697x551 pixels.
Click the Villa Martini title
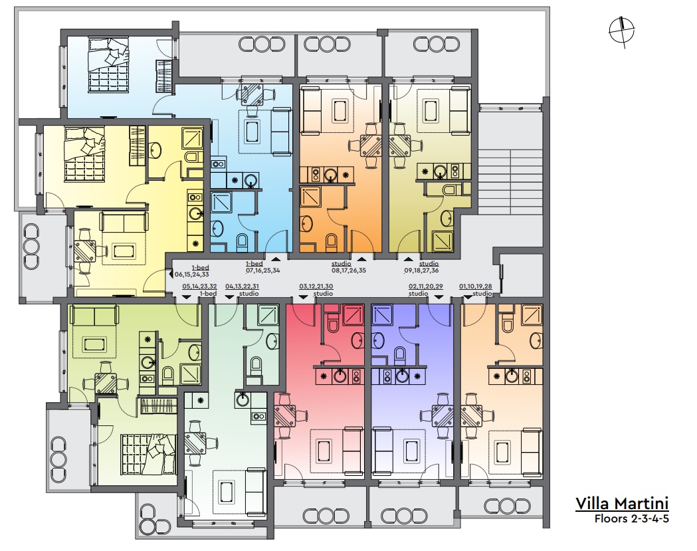click(x=622, y=503)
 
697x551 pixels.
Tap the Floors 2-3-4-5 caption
click(x=632, y=518)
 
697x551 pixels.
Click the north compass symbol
click(x=622, y=32)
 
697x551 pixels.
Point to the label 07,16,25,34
click(x=262, y=271)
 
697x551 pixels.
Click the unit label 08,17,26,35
click(x=348, y=271)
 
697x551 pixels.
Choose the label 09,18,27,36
click(x=421, y=271)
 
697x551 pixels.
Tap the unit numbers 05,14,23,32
click(x=199, y=287)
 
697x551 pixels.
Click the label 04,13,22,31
click(x=243, y=287)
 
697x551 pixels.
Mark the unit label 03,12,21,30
click(x=316, y=287)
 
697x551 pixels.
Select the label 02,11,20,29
click(x=426, y=287)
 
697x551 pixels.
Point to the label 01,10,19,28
click(x=476, y=287)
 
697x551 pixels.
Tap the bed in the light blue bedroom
click(x=108, y=64)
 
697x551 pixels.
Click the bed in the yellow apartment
click(x=84, y=154)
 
